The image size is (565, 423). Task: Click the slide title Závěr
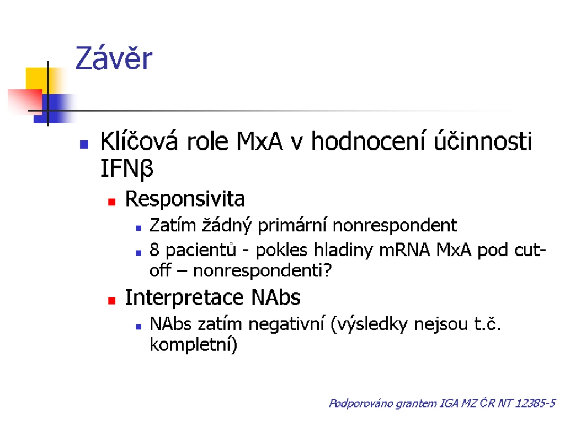click(x=114, y=58)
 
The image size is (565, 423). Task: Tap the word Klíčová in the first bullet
click(x=139, y=140)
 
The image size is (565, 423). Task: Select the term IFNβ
click(x=127, y=169)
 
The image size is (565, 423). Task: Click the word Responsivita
click(x=185, y=198)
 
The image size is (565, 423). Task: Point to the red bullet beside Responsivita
click(x=111, y=202)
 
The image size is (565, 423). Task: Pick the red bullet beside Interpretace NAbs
click(x=111, y=301)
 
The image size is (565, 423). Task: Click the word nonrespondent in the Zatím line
click(x=395, y=226)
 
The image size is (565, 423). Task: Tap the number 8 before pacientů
click(x=154, y=250)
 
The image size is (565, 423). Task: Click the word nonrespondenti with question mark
click(x=262, y=270)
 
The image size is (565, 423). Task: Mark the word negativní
click(x=286, y=324)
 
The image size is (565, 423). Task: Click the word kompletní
click(x=193, y=345)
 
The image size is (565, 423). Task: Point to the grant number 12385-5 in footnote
click(x=535, y=403)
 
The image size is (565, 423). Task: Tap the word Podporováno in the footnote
click(x=361, y=403)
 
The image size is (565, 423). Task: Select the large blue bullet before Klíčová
click(x=84, y=145)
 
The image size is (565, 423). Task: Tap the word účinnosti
click(x=482, y=140)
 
